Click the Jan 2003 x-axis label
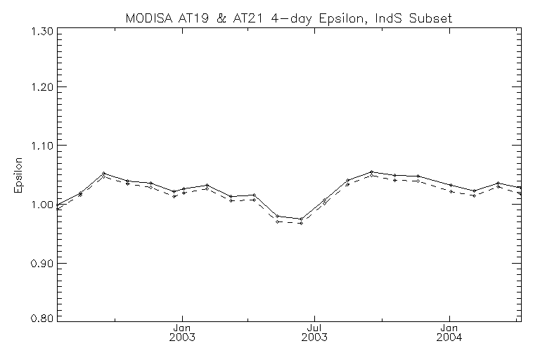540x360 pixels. [x=182, y=333]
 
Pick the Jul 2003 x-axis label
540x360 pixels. [x=315, y=333]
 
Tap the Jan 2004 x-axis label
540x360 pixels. [x=449, y=333]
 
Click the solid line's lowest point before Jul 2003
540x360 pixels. [x=301, y=219]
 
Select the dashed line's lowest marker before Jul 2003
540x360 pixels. [x=301, y=223]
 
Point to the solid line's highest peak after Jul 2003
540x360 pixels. [x=371, y=172]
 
